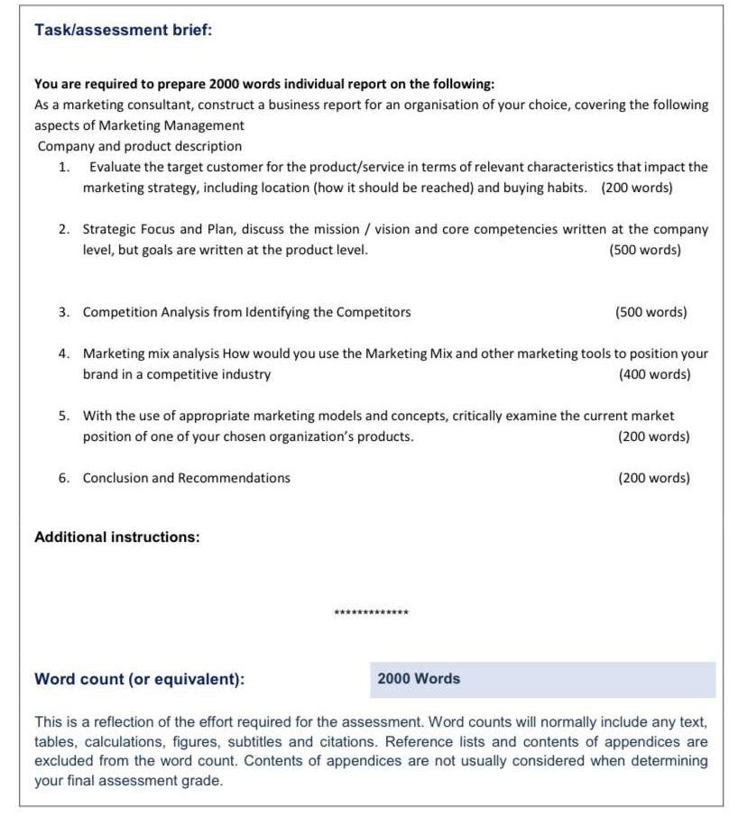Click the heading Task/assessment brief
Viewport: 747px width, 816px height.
123,30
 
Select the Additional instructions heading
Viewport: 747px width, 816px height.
116,537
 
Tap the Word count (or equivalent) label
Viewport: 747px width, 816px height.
139,680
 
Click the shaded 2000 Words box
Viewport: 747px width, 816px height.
541,680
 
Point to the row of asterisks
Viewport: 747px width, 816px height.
371,613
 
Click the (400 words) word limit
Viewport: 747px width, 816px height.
654,374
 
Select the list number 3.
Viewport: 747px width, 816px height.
64,312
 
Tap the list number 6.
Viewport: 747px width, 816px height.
64,478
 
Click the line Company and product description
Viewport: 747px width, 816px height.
140,146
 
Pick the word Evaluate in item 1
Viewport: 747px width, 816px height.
117,167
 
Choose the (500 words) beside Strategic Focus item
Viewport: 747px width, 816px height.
645,250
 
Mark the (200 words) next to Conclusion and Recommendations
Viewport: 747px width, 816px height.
654,478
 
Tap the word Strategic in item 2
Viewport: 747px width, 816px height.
111,229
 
